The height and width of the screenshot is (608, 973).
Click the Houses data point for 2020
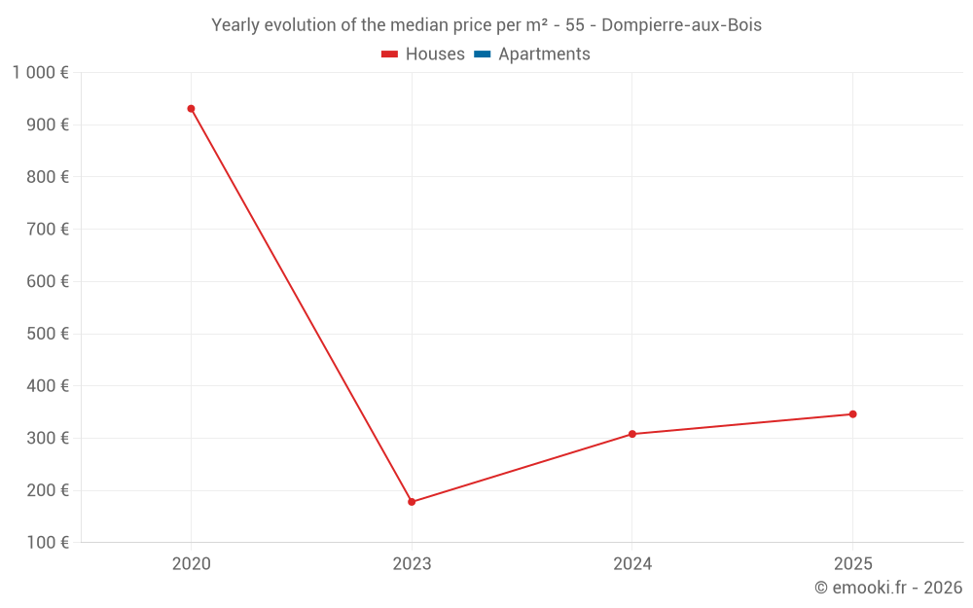click(191, 109)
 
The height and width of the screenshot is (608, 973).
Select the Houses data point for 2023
click(412, 502)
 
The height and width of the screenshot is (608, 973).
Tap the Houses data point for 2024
click(632, 434)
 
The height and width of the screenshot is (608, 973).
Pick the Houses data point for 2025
click(852, 414)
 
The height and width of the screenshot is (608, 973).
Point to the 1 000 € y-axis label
click(40, 72)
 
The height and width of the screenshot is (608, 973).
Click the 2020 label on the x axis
click(191, 563)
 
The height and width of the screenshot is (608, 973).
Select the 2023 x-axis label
click(412, 563)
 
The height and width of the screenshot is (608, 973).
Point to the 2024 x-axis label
click(632, 563)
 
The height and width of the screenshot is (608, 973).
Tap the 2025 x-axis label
click(852, 563)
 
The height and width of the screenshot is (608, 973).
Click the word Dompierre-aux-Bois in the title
click(681, 25)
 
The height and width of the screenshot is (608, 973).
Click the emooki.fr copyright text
click(888, 588)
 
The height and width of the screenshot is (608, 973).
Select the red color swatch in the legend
click(390, 54)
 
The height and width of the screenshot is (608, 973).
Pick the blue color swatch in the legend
click(482, 54)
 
